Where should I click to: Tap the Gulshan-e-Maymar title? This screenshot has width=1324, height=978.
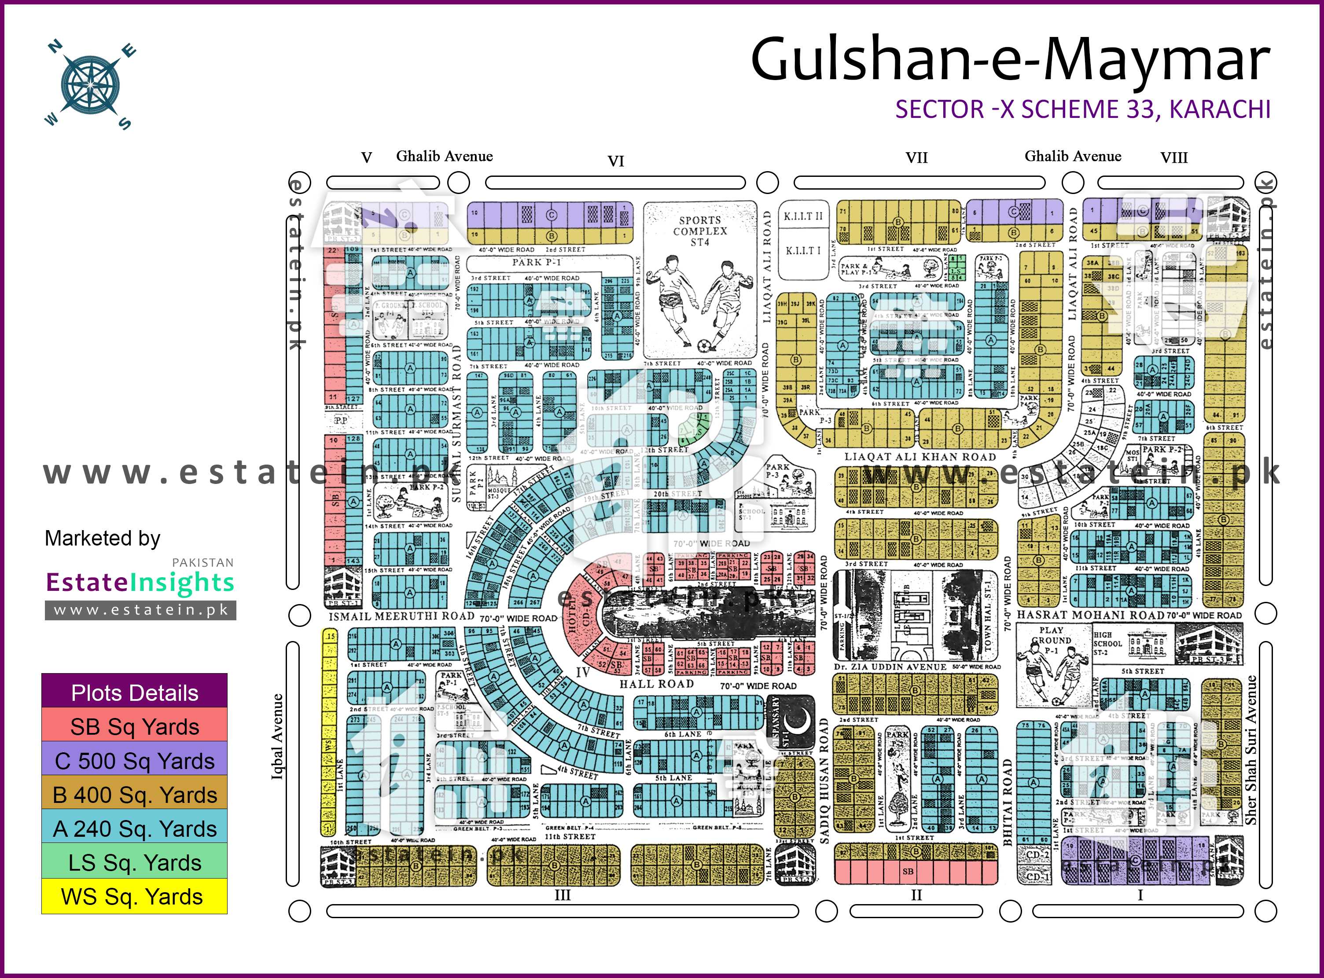click(1010, 60)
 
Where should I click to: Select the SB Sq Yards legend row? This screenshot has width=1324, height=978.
click(134, 726)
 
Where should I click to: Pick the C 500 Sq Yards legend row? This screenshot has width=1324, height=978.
click(134, 761)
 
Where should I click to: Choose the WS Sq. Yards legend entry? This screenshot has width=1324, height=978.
click(134, 896)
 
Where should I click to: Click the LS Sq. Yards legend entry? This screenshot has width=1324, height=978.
click(134, 863)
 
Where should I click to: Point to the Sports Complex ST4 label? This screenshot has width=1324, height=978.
click(699, 231)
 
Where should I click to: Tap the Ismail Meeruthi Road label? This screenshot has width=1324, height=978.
click(401, 616)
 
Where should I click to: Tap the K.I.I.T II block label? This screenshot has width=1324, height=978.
click(803, 217)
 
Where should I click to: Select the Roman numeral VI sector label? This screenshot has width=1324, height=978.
click(616, 161)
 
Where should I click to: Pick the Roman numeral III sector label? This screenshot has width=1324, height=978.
click(563, 895)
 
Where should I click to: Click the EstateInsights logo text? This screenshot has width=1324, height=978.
click(140, 582)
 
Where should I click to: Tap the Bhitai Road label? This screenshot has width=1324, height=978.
click(1007, 802)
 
